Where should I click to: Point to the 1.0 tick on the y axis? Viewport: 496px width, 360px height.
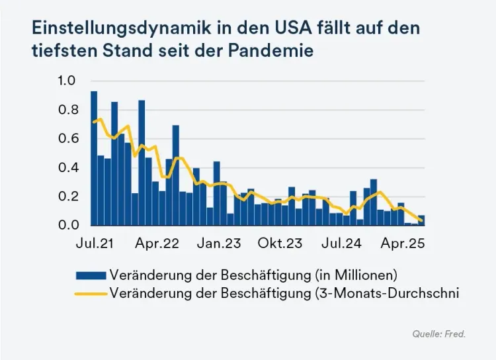pos(68,81)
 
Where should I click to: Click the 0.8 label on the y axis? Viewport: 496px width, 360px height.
pos(68,110)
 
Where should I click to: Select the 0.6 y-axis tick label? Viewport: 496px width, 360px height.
pos(68,138)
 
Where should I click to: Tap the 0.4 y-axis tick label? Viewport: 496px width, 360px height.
pos(68,167)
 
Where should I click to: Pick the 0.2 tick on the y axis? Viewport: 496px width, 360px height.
pos(68,197)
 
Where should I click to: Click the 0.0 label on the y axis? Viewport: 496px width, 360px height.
pos(68,226)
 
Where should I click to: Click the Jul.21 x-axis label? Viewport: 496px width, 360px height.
pos(94,244)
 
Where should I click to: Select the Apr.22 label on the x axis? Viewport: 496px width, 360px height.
pos(157,244)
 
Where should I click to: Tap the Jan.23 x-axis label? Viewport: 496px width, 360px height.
pos(219,244)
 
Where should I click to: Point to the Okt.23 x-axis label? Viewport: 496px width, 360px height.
pos(280,244)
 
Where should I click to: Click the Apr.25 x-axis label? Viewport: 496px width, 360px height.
pos(403,244)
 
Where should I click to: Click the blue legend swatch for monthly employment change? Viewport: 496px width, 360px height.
pos(91,275)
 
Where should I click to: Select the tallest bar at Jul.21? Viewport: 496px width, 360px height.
pos(94,159)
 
